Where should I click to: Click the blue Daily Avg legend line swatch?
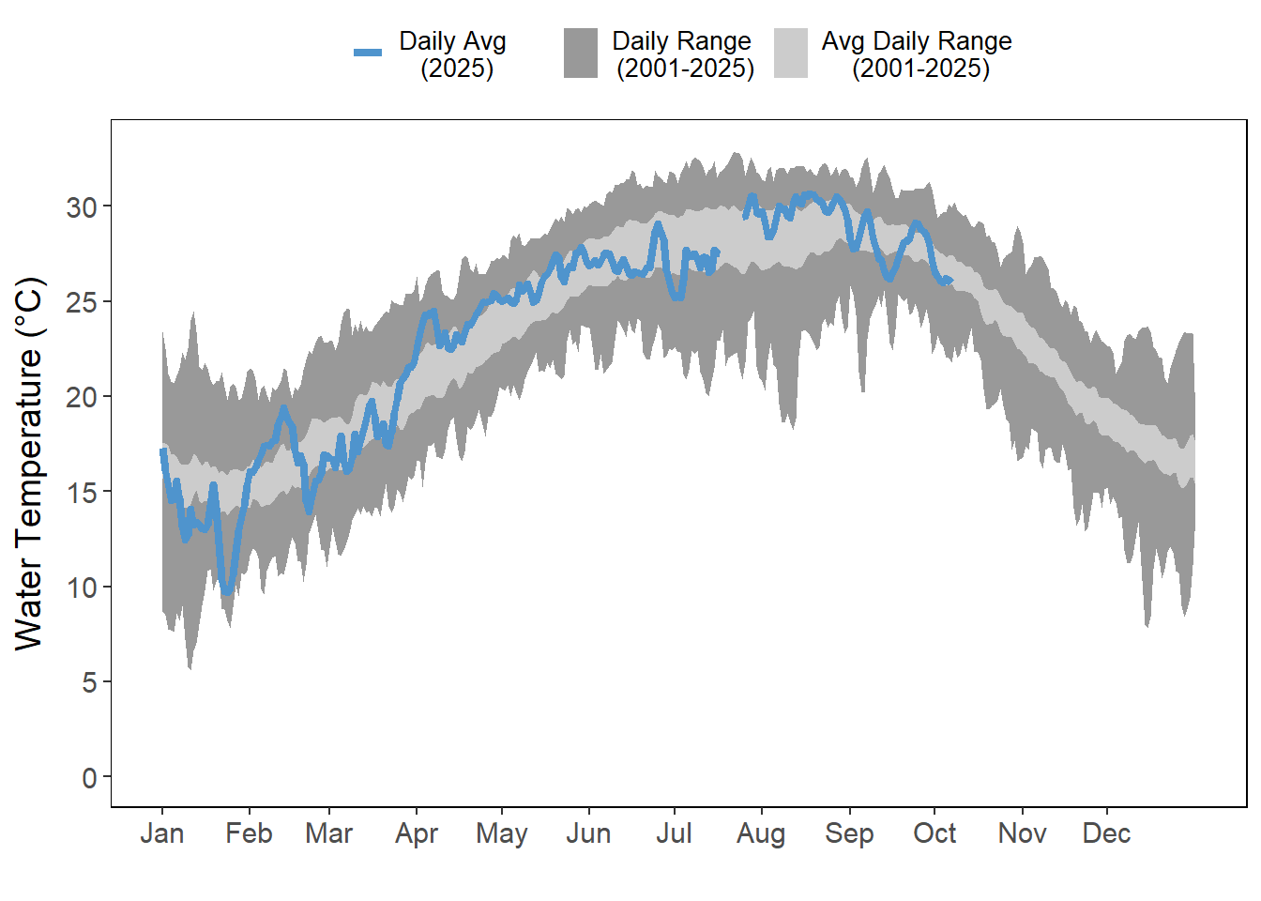(x=368, y=53)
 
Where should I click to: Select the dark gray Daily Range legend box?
(x=581, y=53)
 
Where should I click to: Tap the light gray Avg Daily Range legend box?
(x=791, y=53)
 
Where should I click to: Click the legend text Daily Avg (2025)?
(x=453, y=54)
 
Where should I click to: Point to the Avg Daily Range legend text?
(x=918, y=54)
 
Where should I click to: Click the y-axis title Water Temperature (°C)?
(x=30, y=463)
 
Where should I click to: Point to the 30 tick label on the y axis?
(x=81, y=207)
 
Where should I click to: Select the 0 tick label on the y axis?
(x=89, y=777)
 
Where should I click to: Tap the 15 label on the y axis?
(x=81, y=493)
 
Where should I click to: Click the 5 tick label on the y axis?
(x=89, y=682)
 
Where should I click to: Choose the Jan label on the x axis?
(x=162, y=833)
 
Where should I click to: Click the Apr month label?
(x=417, y=833)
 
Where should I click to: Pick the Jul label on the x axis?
(x=674, y=833)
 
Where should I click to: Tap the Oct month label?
(x=934, y=833)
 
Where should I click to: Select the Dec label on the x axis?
(x=1107, y=833)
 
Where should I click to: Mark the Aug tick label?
(x=761, y=833)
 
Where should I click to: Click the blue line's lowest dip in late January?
(x=226, y=592)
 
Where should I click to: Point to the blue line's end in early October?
(x=950, y=280)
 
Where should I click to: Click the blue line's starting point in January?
(x=162, y=451)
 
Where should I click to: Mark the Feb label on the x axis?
(x=249, y=833)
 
